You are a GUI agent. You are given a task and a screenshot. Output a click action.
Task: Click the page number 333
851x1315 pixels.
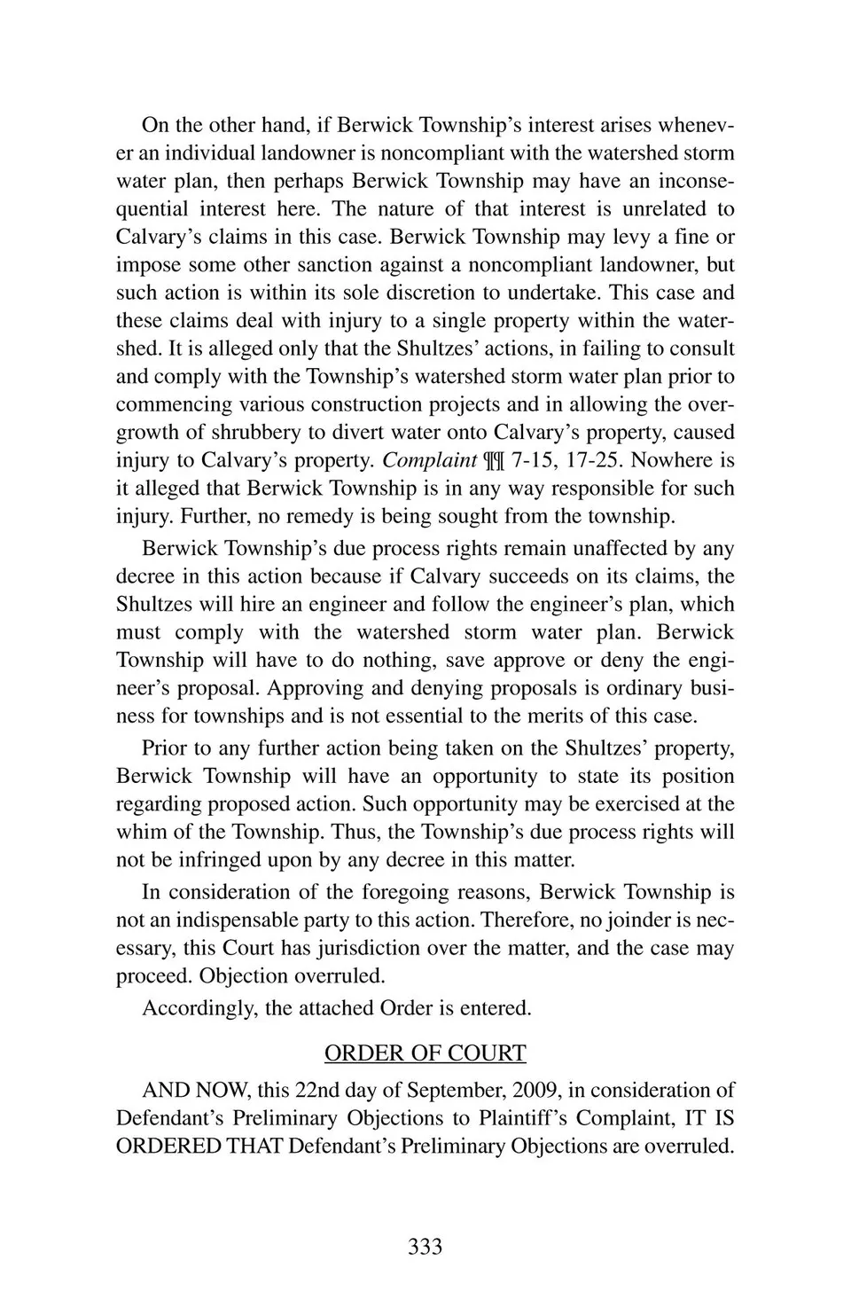click(x=425, y=1247)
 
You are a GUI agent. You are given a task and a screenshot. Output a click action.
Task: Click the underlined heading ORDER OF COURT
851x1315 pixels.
click(x=425, y=1053)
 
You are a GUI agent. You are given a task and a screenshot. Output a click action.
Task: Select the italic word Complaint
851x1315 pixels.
click(x=429, y=460)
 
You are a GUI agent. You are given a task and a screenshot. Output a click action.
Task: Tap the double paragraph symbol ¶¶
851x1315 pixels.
click(x=495, y=460)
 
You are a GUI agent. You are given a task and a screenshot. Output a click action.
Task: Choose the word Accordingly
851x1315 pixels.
click(x=198, y=1008)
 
